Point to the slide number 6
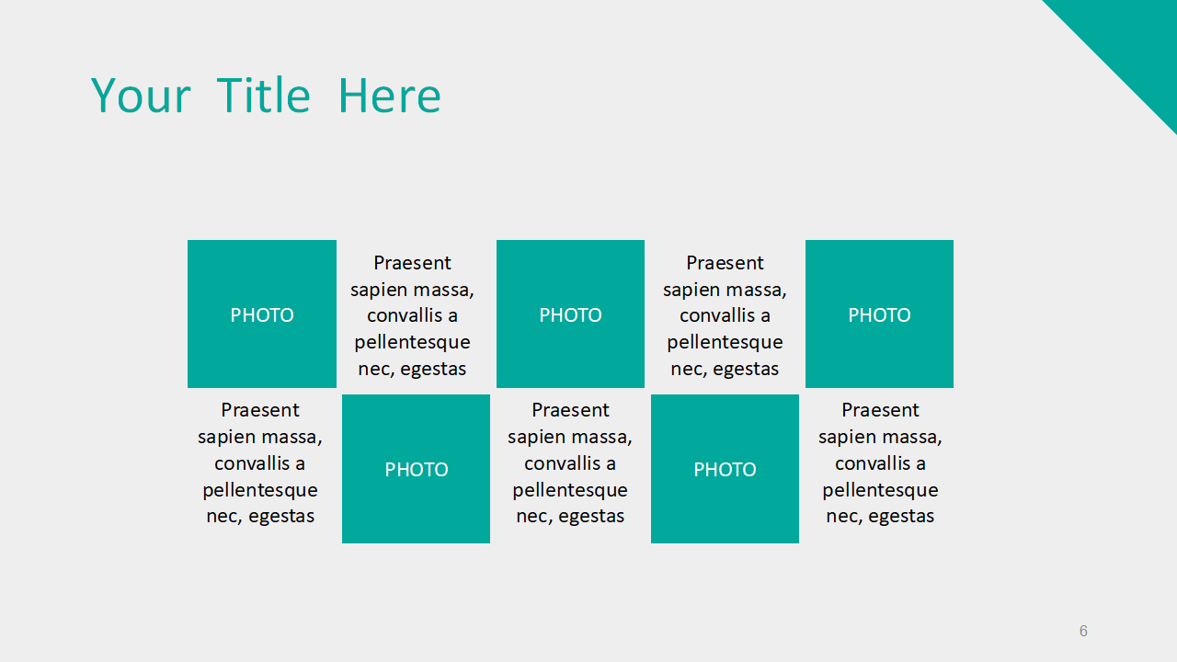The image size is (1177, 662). (x=1083, y=631)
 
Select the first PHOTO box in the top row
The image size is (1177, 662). (x=262, y=314)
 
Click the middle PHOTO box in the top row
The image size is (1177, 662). (x=570, y=314)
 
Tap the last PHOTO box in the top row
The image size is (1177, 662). (x=879, y=314)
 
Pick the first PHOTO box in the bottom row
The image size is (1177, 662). (x=416, y=469)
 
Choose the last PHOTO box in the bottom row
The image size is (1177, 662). (x=725, y=469)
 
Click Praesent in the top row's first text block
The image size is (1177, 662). (x=412, y=263)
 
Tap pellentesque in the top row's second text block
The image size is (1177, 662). (x=725, y=343)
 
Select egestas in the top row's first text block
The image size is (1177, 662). (x=433, y=370)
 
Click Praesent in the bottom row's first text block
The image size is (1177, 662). (x=259, y=410)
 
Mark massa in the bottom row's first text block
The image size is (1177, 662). (x=291, y=437)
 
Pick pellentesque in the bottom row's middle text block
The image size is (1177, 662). (x=569, y=491)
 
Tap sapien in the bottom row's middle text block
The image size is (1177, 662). (x=532, y=438)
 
